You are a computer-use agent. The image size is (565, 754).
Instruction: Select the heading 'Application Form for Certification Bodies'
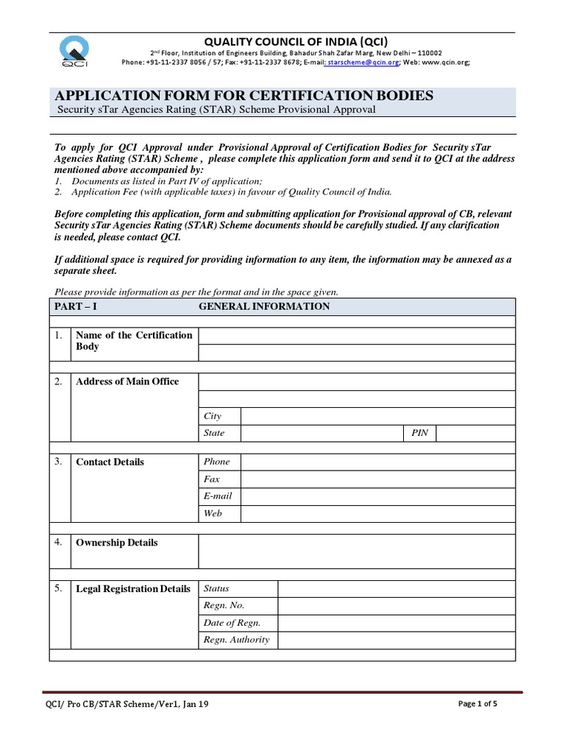pyautogui.click(x=244, y=96)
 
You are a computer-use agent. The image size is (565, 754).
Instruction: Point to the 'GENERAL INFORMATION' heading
pyautogui.click(x=264, y=306)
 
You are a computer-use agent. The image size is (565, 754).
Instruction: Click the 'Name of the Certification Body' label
pyautogui.click(x=134, y=341)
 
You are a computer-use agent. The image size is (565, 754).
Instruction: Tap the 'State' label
pyautogui.click(x=214, y=433)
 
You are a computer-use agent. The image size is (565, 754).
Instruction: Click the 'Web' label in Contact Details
pyautogui.click(x=213, y=513)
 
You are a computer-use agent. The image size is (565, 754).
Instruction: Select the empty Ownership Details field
pyautogui.click(x=357, y=551)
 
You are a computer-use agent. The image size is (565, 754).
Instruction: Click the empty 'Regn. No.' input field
pyautogui.click(x=397, y=605)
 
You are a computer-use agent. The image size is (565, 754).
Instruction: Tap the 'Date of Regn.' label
pyautogui.click(x=232, y=623)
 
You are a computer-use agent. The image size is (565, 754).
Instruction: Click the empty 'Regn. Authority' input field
pyautogui.click(x=397, y=640)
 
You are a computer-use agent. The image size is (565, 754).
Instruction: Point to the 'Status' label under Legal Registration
pyautogui.click(x=216, y=588)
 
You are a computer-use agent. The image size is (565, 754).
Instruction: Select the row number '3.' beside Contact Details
pyautogui.click(x=58, y=462)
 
